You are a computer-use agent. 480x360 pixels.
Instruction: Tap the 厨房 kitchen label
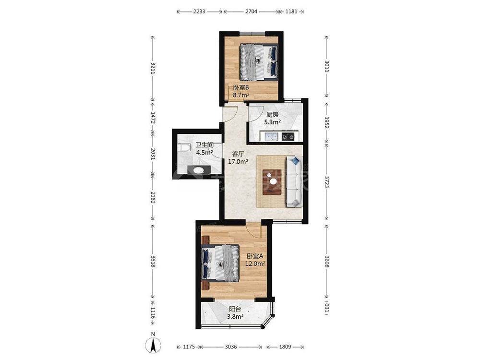click(273, 115)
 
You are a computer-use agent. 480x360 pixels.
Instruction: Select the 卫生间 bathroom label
click(204, 145)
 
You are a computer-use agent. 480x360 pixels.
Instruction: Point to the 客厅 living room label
click(238, 154)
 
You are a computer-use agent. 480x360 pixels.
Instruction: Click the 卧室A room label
click(255, 256)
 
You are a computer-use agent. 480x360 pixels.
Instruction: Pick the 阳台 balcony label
click(235, 309)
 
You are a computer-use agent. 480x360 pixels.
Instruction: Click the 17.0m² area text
click(238, 162)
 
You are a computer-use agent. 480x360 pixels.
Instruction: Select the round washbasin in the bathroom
click(198, 169)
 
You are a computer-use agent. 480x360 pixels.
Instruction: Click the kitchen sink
click(271, 136)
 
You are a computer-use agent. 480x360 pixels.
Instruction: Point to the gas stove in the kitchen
click(288, 136)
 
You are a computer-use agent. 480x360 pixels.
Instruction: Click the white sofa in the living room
click(294, 181)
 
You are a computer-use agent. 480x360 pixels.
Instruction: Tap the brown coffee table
click(272, 182)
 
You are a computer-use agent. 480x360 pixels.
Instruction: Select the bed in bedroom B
click(259, 62)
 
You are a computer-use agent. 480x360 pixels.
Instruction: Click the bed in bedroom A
click(220, 263)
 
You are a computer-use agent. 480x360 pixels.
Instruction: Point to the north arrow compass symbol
click(153, 344)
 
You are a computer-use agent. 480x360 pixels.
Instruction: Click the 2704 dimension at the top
click(251, 12)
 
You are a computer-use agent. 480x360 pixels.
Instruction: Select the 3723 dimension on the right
click(326, 182)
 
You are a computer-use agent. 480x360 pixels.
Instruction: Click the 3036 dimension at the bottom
click(231, 347)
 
